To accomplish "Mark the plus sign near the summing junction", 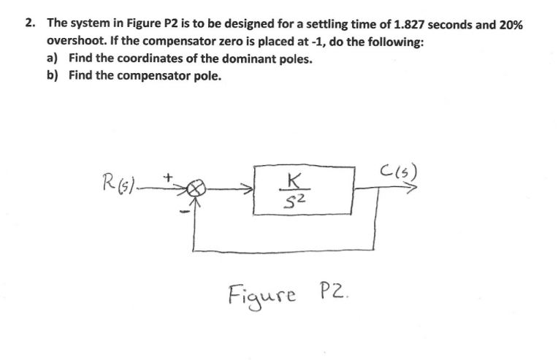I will pyautogui.click(x=167, y=176).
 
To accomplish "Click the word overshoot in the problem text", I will pyautogui.click(x=75, y=42).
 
